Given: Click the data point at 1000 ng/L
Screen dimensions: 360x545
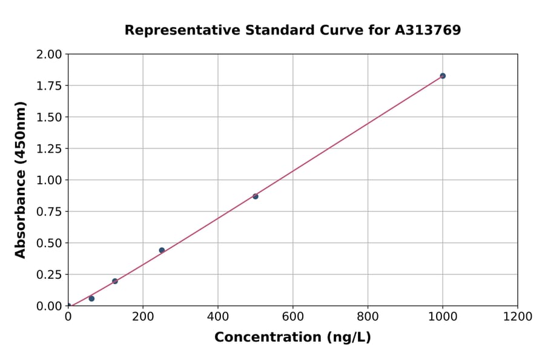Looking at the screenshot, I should (443, 76).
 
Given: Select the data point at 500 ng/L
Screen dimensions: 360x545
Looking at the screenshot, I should (256, 196).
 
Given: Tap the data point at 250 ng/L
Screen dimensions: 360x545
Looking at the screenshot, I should (162, 250).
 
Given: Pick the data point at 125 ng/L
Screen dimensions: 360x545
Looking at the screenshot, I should (115, 281).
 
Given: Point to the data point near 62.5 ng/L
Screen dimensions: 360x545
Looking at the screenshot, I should (91, 299).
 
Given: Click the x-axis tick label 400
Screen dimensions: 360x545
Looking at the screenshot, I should (218, 317).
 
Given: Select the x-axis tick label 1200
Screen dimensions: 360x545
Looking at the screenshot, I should (518, 317).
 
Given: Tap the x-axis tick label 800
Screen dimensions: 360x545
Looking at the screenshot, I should (368, 317).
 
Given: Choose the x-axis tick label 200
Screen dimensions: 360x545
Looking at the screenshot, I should (143, 317).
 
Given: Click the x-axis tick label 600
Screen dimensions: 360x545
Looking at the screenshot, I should (293, 317).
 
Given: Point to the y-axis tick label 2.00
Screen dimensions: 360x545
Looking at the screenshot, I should (49, 55).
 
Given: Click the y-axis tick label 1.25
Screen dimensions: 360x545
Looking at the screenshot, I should (49, 149).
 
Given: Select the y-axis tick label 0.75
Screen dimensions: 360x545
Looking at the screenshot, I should (49, 212).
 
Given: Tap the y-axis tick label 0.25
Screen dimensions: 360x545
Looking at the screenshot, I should (49, 275).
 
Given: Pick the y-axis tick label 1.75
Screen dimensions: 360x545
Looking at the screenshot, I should (49, 86).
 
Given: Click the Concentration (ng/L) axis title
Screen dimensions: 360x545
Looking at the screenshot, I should (292, 338).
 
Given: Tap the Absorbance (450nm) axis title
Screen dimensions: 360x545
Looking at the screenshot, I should (21, 179).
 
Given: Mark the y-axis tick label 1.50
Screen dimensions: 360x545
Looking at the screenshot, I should (49, 118).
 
